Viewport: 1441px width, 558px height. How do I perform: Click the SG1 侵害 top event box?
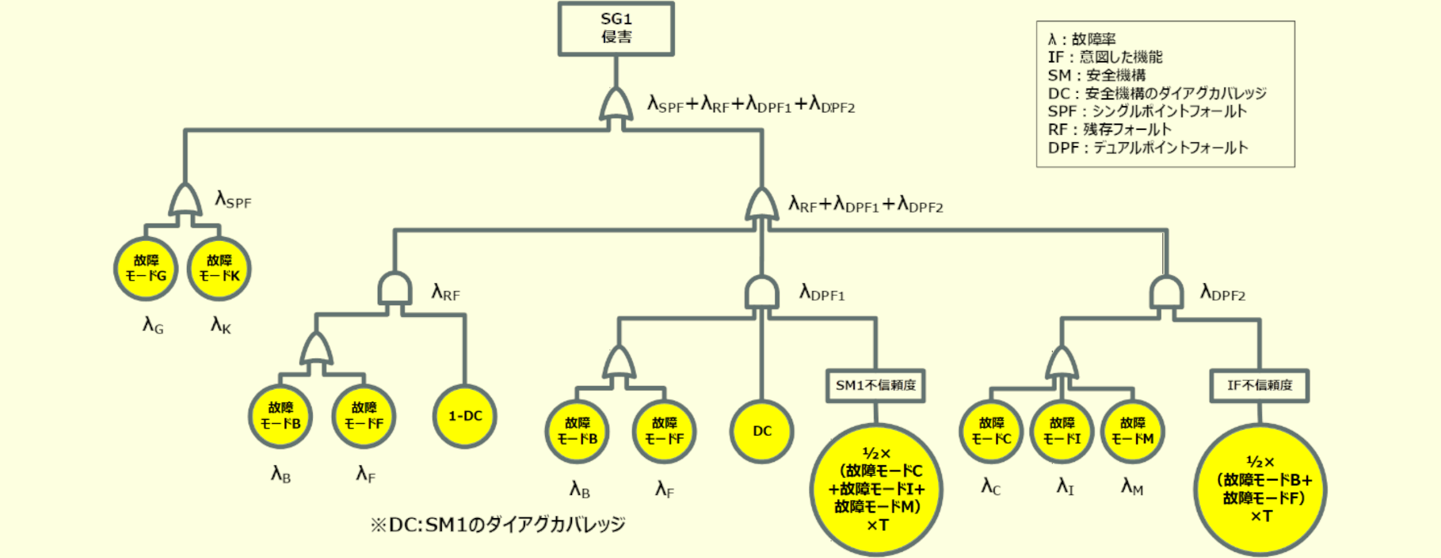tap(616, 28)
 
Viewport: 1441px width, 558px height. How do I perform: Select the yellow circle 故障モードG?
tap(145, 269)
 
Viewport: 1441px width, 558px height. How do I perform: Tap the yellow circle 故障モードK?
tap(219, 269)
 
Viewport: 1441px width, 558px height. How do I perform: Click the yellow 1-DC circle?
tap(465, 416)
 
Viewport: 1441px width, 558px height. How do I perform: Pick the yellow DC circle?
tap(762, 431)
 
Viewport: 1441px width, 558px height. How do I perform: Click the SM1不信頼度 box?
tap(875, 385)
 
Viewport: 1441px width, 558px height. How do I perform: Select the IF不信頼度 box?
tap(1259, 385)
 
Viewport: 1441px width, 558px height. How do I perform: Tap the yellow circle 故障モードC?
tap(991, 431)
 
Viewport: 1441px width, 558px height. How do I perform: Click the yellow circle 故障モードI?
tap(1062, 431)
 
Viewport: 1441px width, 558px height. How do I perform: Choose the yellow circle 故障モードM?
tap(1132, 431)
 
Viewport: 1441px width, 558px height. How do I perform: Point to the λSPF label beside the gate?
tap(233, 199)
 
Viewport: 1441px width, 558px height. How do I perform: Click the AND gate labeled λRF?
tap(395, 289)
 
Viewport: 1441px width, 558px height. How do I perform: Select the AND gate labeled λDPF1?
tap(762, 292)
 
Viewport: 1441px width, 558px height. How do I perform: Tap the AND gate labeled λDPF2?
tap(1166, 292)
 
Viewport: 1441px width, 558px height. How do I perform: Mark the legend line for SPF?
tap(1147, 111)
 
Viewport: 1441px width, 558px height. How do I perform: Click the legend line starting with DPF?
tap(1147, 148)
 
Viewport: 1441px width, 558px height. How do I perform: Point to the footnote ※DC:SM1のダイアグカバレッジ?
tap(497, 524)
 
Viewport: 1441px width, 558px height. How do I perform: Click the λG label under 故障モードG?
tap(153, 325)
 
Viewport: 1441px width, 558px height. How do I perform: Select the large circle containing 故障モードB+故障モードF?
tap(1260, 489)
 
